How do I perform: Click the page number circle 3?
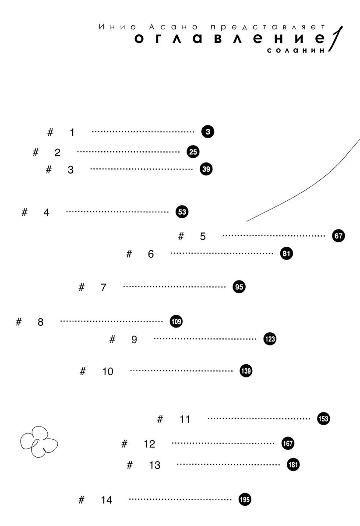[x=208, y=131]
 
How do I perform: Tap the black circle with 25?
[x=193, y=152]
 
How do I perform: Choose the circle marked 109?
[x=176, y=321]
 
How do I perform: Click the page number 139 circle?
[x=246, y=371]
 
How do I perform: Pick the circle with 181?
[x=293, y=465]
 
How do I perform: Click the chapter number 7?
[x=103, y=288]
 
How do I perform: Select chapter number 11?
[x=185, y=419]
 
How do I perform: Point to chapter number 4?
[x=46, y=213]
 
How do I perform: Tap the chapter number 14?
[x=106, y=500]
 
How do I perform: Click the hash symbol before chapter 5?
[x=181, y=236]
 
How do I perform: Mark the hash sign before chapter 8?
[x=18, y=322]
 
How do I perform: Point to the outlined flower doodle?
[x=39, y=442]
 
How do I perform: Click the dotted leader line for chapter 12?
[x=223, y=443]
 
